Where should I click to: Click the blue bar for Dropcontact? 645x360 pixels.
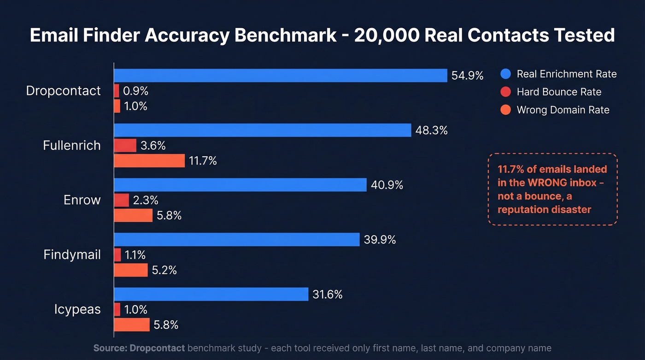click(x=280, y=76)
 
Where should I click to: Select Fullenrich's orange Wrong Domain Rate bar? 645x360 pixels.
click(x=149, y=161)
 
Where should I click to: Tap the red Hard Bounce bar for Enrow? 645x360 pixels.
click(x=122, y=200)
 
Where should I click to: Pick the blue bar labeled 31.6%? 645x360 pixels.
click(x=211, y=294)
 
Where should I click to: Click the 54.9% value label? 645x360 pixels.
click(x=467, y=76)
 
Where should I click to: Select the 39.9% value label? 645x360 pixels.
click(x=380, y=240)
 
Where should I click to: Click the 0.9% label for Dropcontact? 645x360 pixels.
click(x=135, y=91)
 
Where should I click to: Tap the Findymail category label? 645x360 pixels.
click(x=72, y=254)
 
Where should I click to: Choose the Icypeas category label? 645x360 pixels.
click(x=77, y=309)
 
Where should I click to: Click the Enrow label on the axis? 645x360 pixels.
click(x=82, y=200)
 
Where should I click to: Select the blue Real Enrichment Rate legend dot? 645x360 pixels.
click(x=505, y=74)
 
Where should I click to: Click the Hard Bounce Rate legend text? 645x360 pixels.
click(x=559, y=92)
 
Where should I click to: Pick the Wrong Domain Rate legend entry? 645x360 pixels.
click(x=563, y=110)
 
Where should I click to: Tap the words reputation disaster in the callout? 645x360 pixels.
click(x=544, y=209)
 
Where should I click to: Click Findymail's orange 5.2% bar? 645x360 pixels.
click(x=131, y=270)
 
